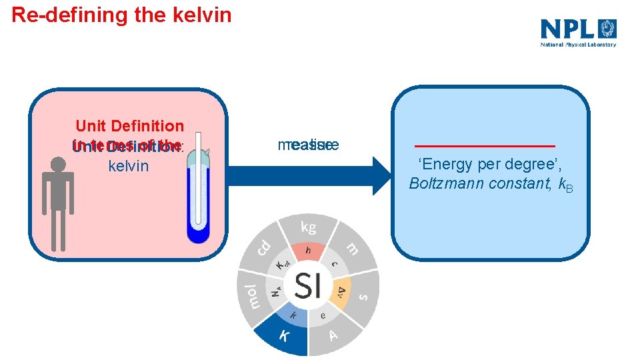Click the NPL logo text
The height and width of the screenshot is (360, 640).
coord(567,29)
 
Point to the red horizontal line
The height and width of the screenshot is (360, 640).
coord(485,145)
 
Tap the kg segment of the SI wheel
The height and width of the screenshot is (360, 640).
coord(308,227)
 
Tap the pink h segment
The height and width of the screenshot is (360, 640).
coord(307,251)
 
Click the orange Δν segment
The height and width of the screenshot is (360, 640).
coord(341,290)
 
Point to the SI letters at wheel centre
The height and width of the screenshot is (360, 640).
coord(308,286)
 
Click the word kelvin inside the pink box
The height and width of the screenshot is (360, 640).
coord(128,166)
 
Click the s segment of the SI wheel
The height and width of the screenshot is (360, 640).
coord(363,295)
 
